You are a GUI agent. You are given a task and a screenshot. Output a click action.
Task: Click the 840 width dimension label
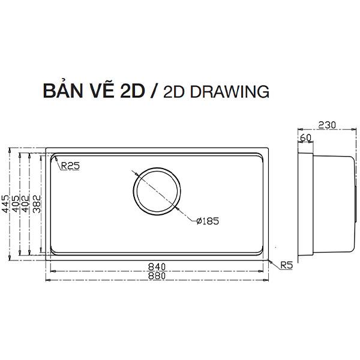click(157, 267)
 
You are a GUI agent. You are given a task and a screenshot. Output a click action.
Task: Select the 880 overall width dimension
click(157, 276)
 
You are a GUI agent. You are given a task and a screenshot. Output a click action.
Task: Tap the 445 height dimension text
click(5, 204)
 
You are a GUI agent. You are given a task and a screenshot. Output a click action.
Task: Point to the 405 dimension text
click(16, 204)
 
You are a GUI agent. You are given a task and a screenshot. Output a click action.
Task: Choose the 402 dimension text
click(25, 204)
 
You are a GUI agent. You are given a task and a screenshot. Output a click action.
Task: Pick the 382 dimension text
click(37, 204)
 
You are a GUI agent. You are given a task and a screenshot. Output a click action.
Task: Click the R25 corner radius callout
click(70, 166)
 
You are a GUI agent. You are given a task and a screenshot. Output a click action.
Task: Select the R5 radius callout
click(287, 265)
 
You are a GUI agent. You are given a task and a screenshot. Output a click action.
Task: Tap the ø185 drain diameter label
click(208, 221)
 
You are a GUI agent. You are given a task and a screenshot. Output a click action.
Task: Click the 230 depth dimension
click(327, 125)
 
